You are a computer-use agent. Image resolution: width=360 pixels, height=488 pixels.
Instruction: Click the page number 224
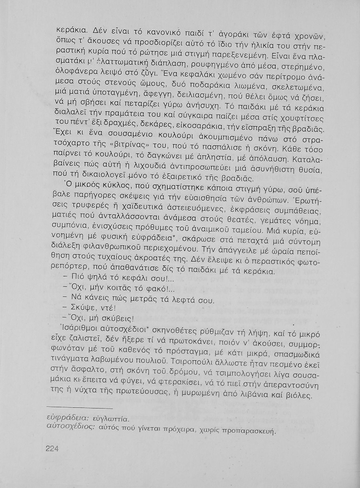coord(52,449)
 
